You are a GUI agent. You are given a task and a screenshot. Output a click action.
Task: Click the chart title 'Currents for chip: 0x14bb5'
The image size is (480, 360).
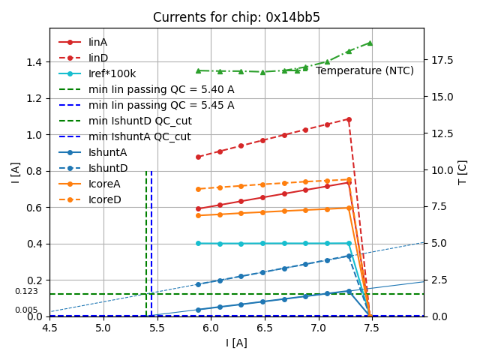pyautogui.click(x=236, y=17)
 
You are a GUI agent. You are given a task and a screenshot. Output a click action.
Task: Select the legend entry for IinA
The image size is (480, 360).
pyautogui.click(x=97, y=42)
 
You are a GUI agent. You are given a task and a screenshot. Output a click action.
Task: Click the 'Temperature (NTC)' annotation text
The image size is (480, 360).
pyautogui.click(x=364, y=70)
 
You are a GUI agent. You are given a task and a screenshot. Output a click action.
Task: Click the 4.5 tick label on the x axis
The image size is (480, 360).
pyautogui.click(x=49, y=328)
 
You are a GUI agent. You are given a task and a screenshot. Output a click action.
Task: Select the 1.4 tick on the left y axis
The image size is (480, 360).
pyautogui.click(x=34, y=61)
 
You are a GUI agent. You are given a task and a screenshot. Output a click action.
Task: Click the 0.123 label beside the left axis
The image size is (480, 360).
pyautogui.click(x=26, y=292)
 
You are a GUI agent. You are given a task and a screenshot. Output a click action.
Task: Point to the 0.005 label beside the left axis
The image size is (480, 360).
pyautogui.click(x=26, y=310)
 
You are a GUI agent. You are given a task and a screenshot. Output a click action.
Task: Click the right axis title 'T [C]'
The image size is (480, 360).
pyautogui.click(x=463, y=172)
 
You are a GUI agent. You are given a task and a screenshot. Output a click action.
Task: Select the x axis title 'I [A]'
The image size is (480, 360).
pyautogui.click(x=236, y=343)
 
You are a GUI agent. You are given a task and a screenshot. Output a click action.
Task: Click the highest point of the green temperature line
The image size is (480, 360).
pyautogui.click(x=370, y=43)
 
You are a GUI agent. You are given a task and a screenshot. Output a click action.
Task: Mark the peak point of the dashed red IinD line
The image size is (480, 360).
pyautogui.click(x=349, y=119)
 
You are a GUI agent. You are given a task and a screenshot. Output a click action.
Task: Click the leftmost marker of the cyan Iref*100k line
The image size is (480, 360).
pyautogui.click(x=198, y=243)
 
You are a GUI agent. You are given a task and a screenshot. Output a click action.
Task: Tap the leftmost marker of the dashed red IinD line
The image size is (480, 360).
pyautogui.click(x=198, y=157)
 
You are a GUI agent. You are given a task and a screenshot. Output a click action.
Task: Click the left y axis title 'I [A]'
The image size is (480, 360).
pyautogui.click(x=15, y=172)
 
